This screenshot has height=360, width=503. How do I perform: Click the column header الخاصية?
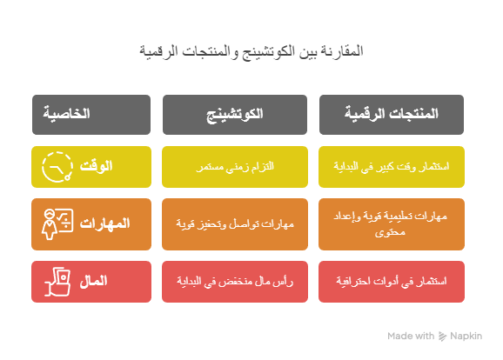coord(91,115)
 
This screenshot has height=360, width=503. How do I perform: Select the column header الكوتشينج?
coord(235,115)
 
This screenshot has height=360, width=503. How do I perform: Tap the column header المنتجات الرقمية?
coord(392,115)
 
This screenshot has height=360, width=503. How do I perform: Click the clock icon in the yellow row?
coord(57,167)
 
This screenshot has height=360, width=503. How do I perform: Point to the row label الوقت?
coord(96,166)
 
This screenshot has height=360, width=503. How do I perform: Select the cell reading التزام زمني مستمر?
coord(235,167)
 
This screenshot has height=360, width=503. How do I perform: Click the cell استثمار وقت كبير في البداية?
coord(392,167)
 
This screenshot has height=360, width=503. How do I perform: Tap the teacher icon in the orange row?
coord(57,224)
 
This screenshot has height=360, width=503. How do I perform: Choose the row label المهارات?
coord(104,223)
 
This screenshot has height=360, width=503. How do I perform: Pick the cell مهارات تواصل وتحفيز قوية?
coord(235,224)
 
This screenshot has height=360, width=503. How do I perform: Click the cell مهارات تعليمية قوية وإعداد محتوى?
coord(392,224)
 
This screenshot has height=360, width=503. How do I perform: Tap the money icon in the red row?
coord(57,282)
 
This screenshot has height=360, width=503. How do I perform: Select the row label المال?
coord(93,281)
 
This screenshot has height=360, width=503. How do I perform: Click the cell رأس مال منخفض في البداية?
coord(235,282)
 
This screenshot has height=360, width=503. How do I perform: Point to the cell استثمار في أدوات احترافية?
coord(392,282)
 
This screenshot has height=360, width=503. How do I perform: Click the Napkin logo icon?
coord(442,336)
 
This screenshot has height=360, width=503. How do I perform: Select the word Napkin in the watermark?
coord(466,336)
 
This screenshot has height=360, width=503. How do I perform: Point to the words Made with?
coord(411,336)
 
